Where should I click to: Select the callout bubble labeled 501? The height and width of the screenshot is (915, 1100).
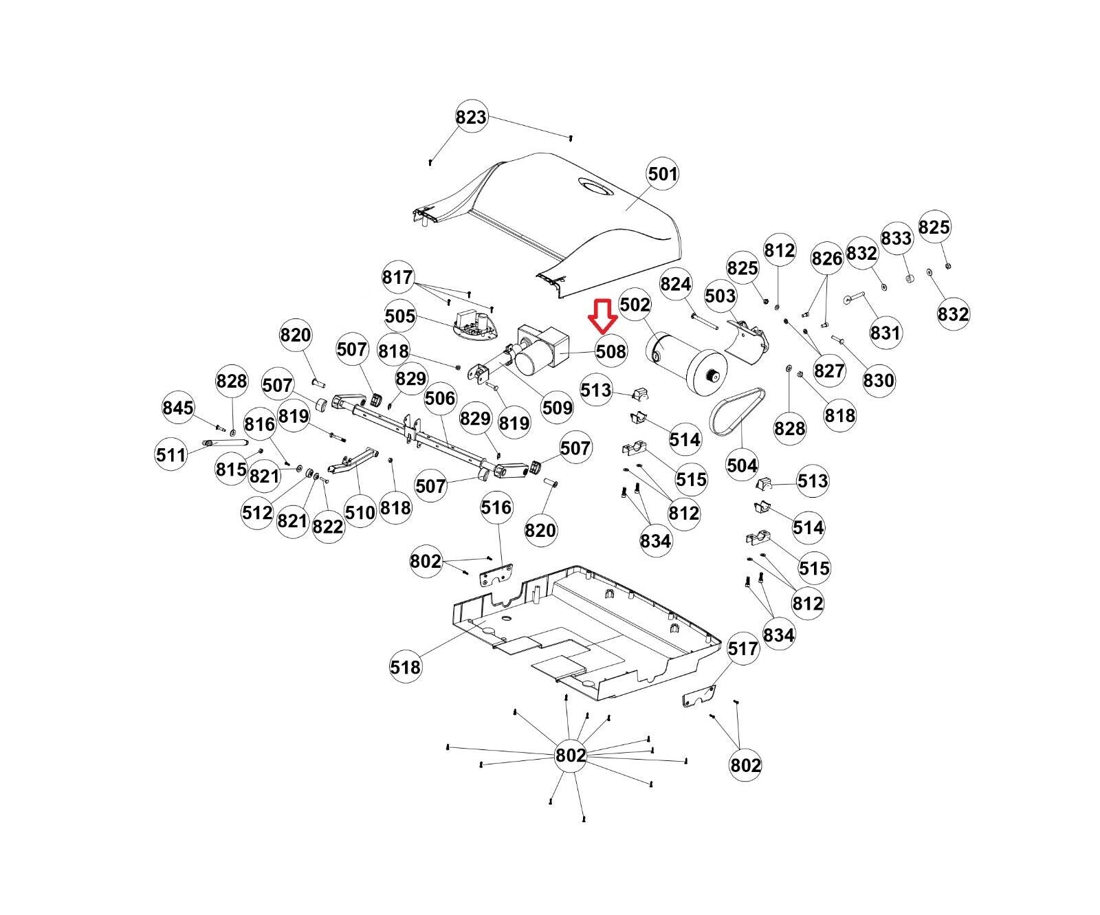663,174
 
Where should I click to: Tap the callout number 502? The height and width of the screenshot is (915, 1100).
635,304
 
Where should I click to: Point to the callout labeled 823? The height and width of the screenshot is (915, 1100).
471,117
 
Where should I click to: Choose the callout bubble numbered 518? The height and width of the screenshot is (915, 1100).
405,666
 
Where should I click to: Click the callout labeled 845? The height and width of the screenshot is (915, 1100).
178,408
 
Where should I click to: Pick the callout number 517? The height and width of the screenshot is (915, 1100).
742,648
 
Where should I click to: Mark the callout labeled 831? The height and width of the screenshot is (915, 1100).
885,332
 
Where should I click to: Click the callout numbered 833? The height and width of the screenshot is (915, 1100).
896,238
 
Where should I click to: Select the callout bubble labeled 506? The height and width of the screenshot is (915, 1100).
440,398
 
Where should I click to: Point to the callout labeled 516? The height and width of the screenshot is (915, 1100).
496,507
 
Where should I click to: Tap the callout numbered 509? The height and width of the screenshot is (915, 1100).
557,408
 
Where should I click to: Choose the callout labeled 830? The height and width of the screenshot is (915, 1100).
879,380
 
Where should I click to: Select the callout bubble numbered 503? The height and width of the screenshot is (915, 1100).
720,296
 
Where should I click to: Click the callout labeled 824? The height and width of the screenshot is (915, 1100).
676,283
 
